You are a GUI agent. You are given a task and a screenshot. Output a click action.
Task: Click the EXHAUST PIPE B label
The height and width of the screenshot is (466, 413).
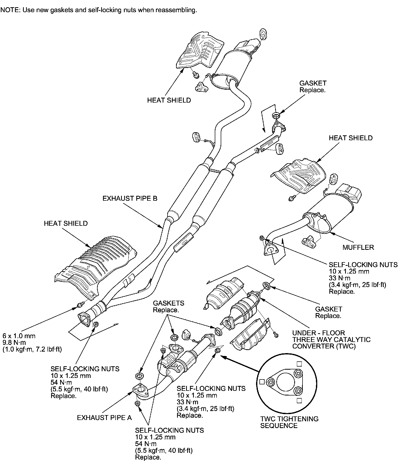tap(130, 198)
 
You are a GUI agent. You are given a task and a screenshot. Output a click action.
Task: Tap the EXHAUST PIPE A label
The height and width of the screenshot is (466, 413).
tap(104, 417)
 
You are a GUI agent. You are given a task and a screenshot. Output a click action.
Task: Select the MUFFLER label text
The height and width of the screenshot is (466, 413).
tap(358, 247)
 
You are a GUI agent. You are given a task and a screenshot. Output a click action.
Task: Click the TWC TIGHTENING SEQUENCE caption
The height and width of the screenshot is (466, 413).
tap(289, 422)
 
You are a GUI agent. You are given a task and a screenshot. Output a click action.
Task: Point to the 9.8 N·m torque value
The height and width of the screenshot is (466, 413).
tap(14, 343)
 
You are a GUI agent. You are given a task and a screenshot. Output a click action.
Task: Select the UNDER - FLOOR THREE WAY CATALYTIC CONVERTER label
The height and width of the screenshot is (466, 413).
tap(331, 339)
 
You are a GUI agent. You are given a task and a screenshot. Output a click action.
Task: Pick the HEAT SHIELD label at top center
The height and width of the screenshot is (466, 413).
tap(169, 100)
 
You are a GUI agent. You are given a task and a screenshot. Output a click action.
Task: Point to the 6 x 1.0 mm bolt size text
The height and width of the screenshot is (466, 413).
tap(19, 336)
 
